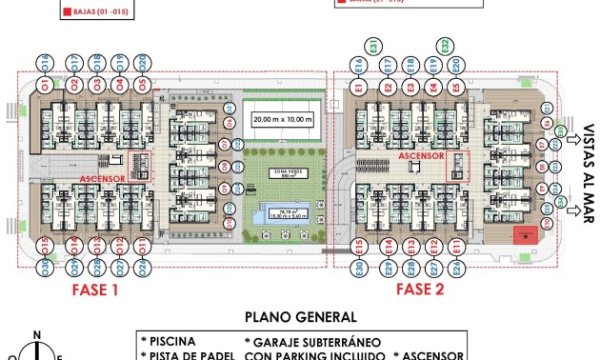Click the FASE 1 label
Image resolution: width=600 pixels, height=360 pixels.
(95, 289)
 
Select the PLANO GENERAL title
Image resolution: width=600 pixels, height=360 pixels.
(301, 318)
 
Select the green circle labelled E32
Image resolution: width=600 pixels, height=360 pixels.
(446, 45)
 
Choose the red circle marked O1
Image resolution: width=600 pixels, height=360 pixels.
(46, 87)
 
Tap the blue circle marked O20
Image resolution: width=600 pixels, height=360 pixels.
(142, 63)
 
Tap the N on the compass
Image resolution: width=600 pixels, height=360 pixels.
(36, 333)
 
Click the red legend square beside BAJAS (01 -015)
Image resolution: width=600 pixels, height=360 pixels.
(66, 13)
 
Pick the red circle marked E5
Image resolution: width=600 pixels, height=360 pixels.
(456, 87)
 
